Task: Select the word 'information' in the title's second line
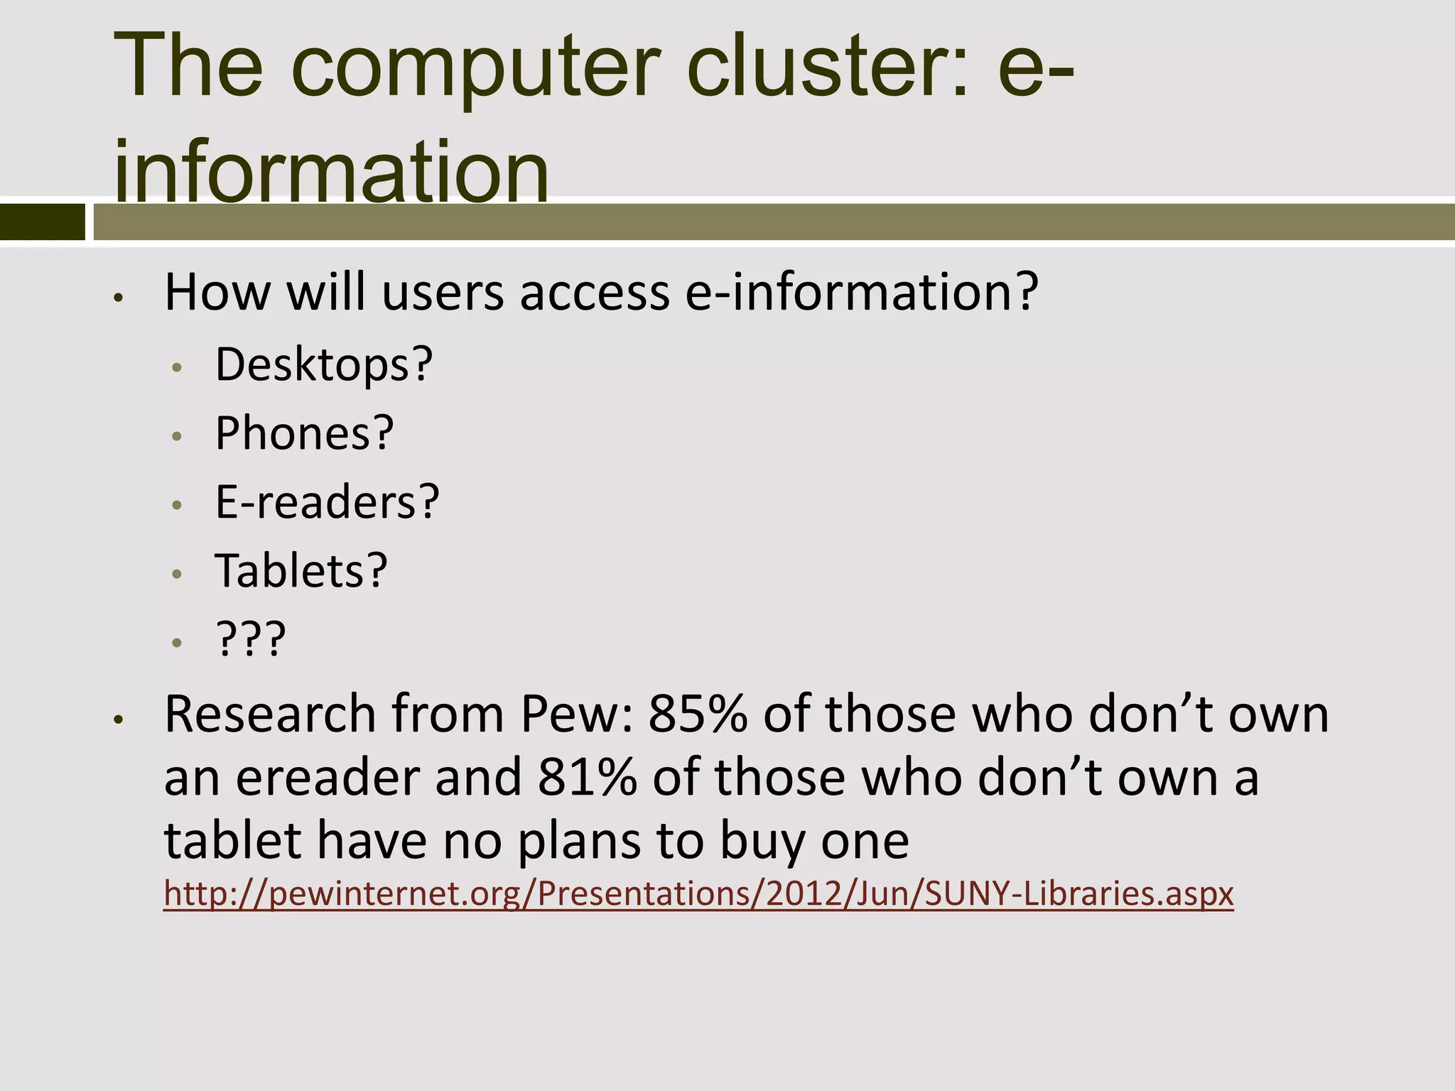(331, 170)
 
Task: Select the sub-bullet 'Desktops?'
(324, 364)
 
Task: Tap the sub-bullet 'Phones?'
(304, 433)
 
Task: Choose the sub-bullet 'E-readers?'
(328, 502)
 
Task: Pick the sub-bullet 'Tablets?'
(301, 570)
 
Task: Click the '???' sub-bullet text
(251, 639)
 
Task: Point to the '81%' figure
(587, 777)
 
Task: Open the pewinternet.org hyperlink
(698, 894)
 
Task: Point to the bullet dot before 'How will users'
(119, 298)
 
